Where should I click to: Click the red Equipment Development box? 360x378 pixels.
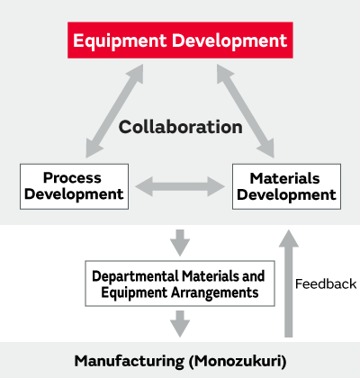(180, 40)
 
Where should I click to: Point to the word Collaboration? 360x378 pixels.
(181, 127)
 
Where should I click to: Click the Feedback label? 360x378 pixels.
(326, 283)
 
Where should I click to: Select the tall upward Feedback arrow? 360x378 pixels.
(287, 283)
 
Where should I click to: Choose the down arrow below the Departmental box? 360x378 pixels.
(180, 321)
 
